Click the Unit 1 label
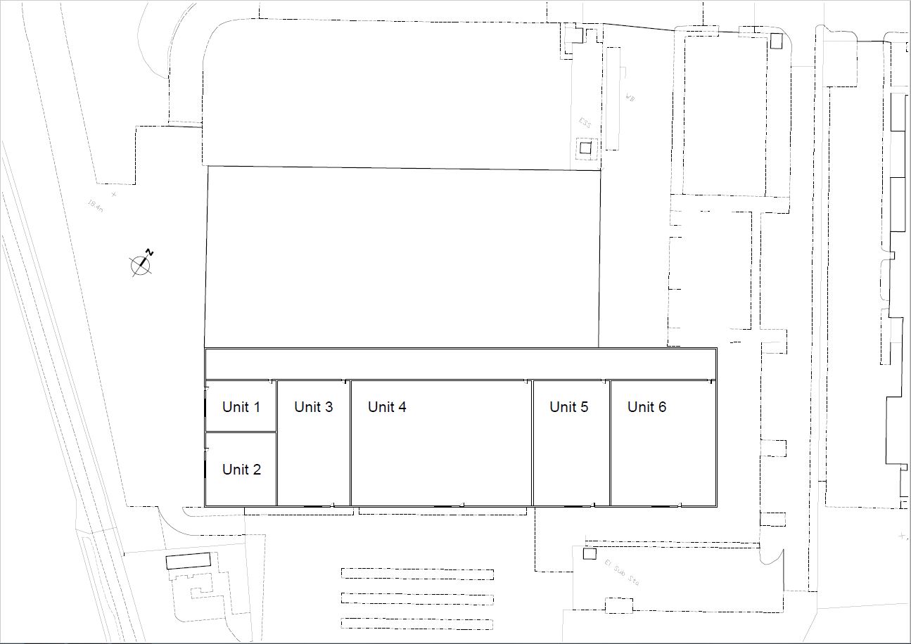(241, 407)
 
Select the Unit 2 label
(241, 470)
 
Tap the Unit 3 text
(313, 407)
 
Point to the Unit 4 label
(387, 407)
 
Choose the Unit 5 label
(568, 407)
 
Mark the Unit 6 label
(646, 407)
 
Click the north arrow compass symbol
(141, 264)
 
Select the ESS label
(585, 123)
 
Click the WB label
(630, 98)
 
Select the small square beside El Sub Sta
(587, 553)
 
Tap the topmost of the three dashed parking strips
(417, 573)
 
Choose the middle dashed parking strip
(417, 598)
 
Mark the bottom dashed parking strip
(417, 623)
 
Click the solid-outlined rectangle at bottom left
(189, 561)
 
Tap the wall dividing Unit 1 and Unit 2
(241, 432)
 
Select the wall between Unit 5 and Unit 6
(609, 443)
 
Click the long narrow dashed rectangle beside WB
(613, 98)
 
